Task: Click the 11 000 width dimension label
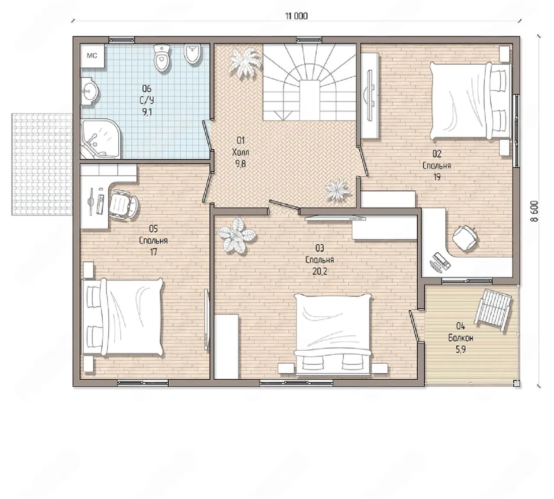pyautogui.click(x=296, y=16)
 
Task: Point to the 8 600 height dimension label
pyautogui.click(x=534, y=211)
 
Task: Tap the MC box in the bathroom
pyautogui.click(x=92, y=55)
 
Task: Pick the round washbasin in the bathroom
pyautogui.click(x=90, y=91)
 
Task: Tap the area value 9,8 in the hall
pyautogui.click(x=240, y=164)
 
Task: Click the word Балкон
pyautogui.click(x=461, y=338)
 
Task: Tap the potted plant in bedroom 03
pyautogui.click(x=237, y=236)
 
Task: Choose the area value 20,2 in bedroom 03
pyautogui.click(x=319, y=271)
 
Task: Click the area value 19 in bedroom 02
pyautogui.click(x=437, y=177)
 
